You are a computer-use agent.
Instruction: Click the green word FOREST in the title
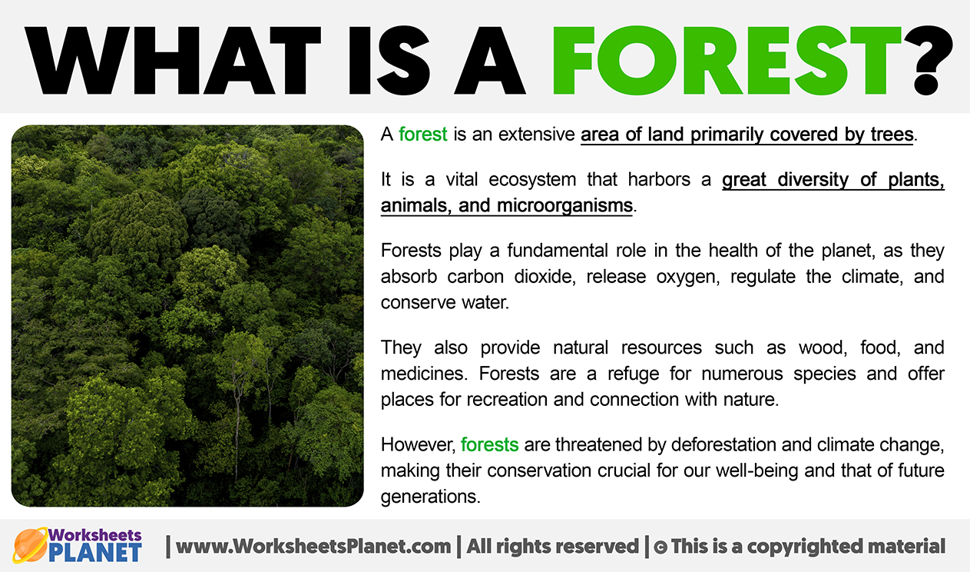click(x=727, y=60)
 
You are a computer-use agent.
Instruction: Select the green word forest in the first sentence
click(x=422, y=135)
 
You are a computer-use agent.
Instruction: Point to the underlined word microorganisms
click(x=564, y=205)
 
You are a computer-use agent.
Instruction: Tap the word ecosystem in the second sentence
click(x=532, y=179)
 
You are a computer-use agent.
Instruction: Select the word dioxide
click(x=545, y=276)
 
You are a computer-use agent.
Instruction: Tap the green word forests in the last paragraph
click(x=489, y=444)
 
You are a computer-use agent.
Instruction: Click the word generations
click(x=431, y=497)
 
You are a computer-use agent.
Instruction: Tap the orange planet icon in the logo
click(x=30, y=545)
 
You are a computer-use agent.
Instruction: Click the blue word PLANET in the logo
click(x=95, y=552)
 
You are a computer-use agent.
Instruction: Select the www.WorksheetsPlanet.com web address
click(x=313, y=547)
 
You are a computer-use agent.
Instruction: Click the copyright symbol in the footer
click(x=660, y=547)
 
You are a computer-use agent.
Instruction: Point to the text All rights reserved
click(x=552, y=547)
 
